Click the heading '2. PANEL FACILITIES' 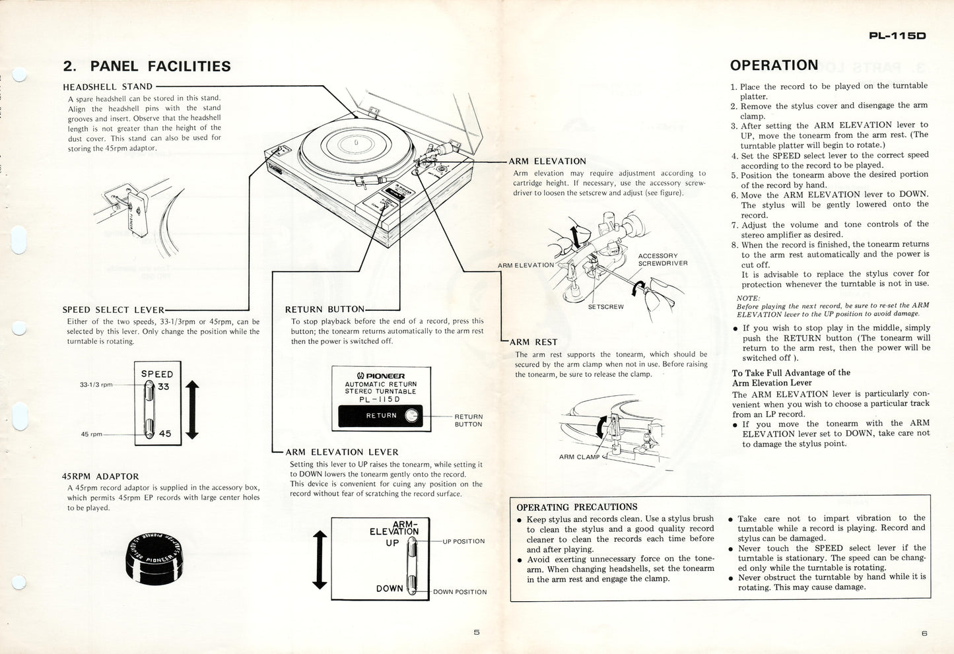147,66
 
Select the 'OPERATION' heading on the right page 773,65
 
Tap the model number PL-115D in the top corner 897,36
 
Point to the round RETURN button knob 412,415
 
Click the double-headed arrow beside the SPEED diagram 192,410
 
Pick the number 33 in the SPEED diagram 164,387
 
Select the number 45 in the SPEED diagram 164,434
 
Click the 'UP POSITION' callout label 463,541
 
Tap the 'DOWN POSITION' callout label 460,592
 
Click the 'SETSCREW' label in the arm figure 605,306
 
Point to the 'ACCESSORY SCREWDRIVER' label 662,259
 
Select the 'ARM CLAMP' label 579,457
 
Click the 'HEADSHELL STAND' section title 108,86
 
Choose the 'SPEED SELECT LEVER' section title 113,310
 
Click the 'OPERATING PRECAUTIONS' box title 576,507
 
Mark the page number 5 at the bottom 477,632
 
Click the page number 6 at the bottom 924,634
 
